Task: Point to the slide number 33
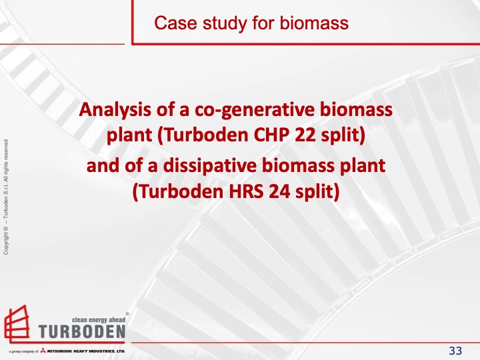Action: pos(456,351)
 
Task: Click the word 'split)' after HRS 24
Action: pos(317,192)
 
